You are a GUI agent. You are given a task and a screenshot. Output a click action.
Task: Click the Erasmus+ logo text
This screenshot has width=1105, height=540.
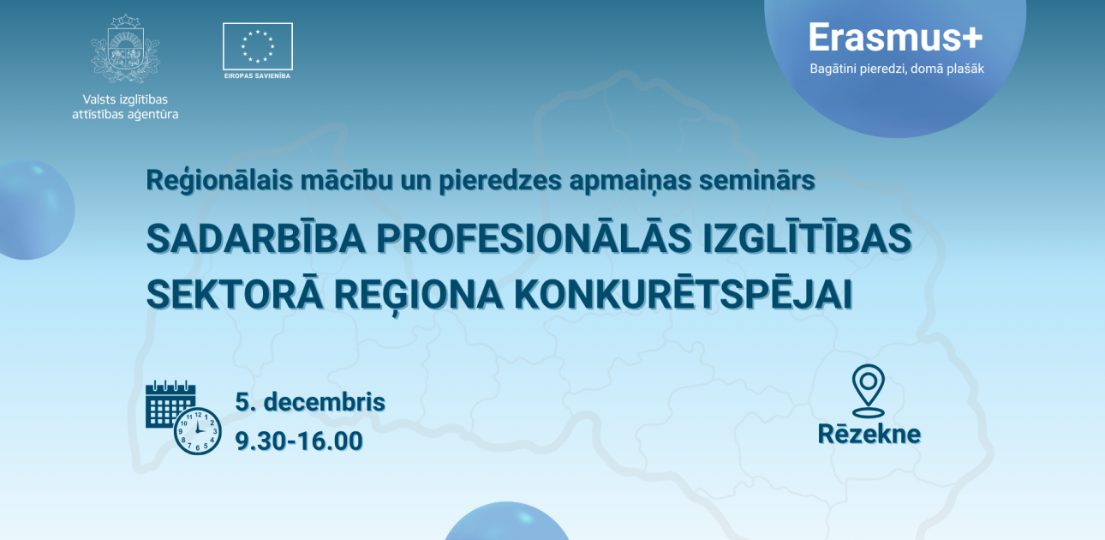(x=896, y=38)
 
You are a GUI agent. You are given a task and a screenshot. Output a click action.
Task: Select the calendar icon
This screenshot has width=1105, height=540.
(x=170, y=404)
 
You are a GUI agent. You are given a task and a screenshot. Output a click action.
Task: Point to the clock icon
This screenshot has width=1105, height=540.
(x=198, y=430)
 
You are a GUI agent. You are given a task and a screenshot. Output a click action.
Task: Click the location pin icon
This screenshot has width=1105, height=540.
(x=868, y=389)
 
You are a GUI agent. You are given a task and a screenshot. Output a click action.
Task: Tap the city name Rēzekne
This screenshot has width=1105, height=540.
(x=869, y=434)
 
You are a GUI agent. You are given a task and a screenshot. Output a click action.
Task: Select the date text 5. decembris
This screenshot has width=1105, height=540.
(x=310, y=402)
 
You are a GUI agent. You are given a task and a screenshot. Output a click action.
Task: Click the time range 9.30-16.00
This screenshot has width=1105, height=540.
(x=299, y=441)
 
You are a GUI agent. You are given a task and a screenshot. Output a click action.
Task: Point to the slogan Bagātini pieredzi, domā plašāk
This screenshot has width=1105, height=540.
(x=897, y=69)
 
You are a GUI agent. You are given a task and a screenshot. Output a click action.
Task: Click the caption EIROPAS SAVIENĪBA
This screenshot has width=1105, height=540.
(x=258, y=76)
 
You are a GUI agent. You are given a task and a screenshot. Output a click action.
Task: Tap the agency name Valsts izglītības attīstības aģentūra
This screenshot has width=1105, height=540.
(x=125, y=106)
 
